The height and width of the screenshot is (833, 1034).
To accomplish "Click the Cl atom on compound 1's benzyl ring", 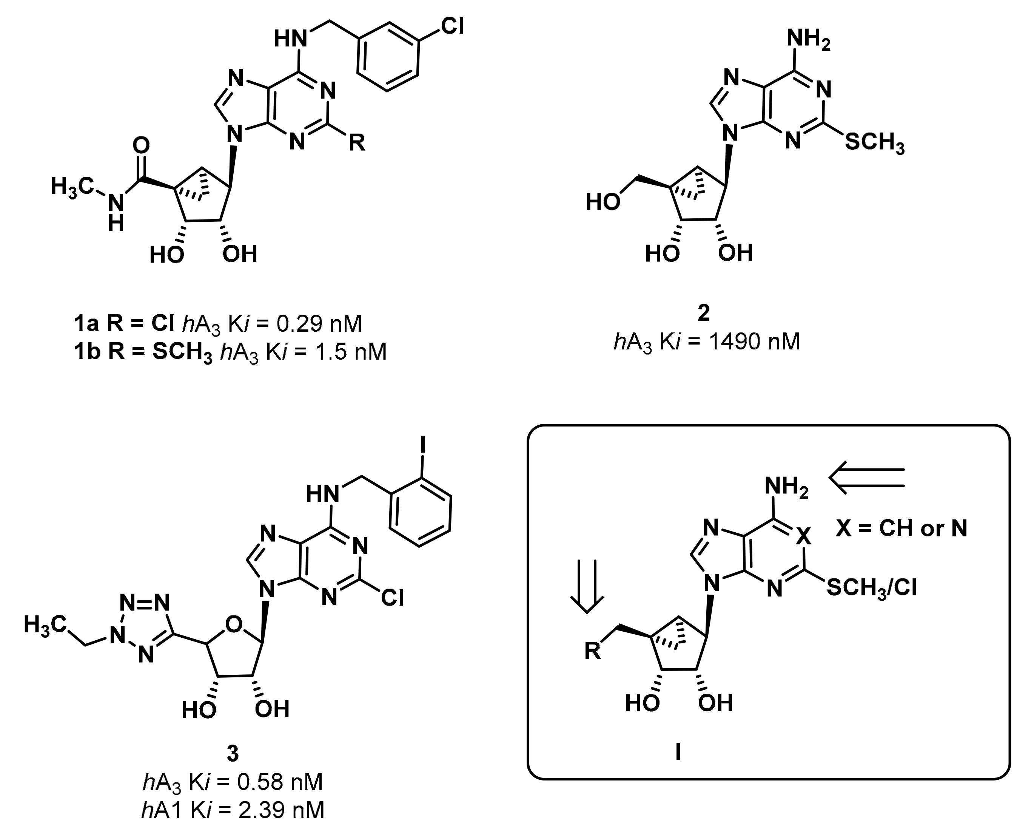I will [452, 27].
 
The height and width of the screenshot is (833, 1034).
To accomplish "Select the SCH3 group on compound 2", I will [874, 143].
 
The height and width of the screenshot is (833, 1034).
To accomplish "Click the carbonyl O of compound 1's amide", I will [142, 146].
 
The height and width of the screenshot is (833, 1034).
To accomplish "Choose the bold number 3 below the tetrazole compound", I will [233, 754].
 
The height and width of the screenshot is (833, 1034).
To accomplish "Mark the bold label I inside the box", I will [678, 753].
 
